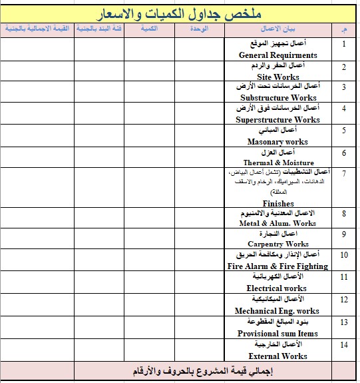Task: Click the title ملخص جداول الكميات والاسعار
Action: tap(180, 13)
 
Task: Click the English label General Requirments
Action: tap(278, 55)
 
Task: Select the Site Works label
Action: tap(278, 77)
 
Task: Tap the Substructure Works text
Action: tap(278, 98)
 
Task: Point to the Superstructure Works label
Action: tap(278, 120)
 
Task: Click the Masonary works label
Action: tap(278, 142)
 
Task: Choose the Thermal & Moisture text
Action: tap(278, 163)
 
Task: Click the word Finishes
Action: tap(278, 203)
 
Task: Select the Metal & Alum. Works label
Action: tap(278, 223)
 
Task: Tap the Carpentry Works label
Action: tap(278, 244)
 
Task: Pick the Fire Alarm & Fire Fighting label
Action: tap(277, 266)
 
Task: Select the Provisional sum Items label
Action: tap(278, 333)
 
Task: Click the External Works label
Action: tap(278, 356)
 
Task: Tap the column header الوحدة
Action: tap(199, 29)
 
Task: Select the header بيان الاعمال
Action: tap(278, 29)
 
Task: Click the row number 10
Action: tap(344, 254)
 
